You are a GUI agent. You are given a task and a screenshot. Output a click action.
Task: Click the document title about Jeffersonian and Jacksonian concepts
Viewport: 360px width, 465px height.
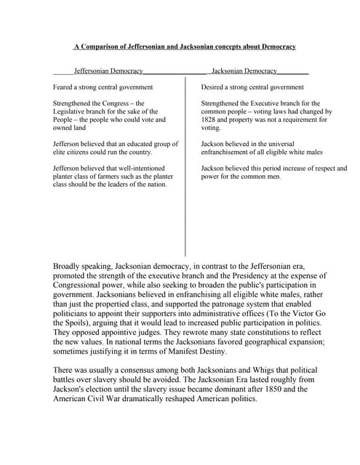coord(185,46)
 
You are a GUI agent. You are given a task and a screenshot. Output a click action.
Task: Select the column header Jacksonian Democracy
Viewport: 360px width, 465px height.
coord(244,71)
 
